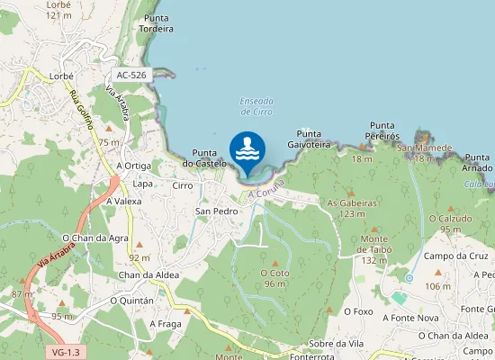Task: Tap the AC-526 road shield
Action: (131, 76)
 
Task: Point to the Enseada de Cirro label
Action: (256, 106)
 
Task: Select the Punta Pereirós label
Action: (382, 130)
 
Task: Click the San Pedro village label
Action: (216, 211)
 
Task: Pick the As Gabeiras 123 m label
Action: (352, 208)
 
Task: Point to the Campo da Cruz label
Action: (453, 256)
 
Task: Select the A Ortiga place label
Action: (134, 166)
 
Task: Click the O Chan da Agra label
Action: (95, 238)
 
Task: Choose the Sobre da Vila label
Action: (334, 343)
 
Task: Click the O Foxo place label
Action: (358, 311)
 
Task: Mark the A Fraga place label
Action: (166, 323)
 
